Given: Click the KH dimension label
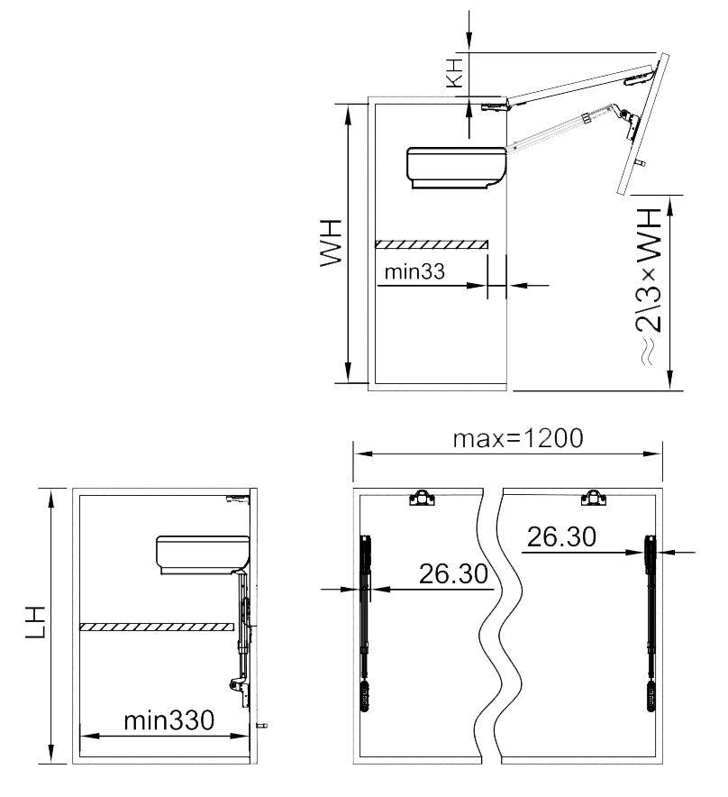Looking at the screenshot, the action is click(x=455, y=73).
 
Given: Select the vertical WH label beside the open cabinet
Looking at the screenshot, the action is click(x=331, y=243).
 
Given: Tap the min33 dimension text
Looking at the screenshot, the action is click(x=414, y=271).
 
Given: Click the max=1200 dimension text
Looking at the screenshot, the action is click(x=518, y=438).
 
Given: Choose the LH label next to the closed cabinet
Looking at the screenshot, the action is click(x=37, y=621).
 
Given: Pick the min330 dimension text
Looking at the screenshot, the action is click(x=169, y=720).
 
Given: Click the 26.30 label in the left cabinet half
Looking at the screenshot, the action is click(x=453, y=573).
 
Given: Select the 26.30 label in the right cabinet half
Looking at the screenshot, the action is click(x=561, y=536).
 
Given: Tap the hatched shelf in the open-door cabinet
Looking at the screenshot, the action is click(x=432, y=244).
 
